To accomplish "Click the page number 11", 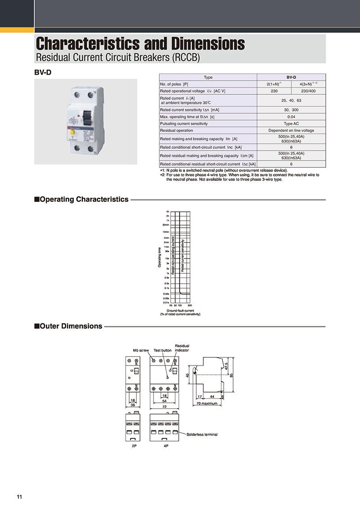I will tap(19, 497).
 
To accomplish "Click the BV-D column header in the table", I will tap(291, 77).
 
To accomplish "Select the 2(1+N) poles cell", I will tap(274, 84).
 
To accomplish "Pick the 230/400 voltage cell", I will tap(308, 91).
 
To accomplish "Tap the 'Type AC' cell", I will tap(291, 123).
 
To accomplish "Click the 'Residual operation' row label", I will tap(176, 130).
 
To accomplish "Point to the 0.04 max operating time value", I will tap(291, 116).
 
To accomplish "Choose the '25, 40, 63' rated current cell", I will tap(291, 100).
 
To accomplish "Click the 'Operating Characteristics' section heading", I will tap(84, 199).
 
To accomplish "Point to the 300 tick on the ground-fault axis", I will tap(189, 305).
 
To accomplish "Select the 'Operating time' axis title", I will tap(159, 258).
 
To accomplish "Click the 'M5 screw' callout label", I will tap(140, 350).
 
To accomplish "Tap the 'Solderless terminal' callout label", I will tap(202, 434).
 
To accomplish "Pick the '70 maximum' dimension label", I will tap(207, 403).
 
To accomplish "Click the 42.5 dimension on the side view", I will tap(226, 365).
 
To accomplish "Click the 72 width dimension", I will tap(164, 406).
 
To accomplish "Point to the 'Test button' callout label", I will tap(162, 350).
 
